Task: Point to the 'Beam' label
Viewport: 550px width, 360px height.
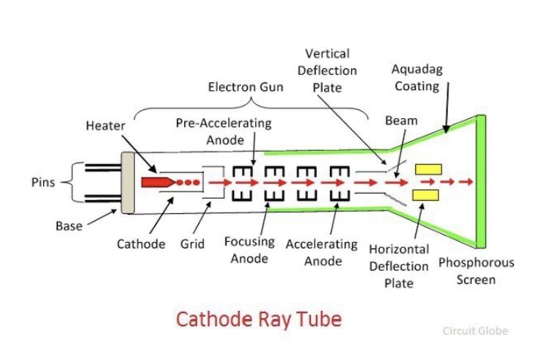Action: (x=401, y=120)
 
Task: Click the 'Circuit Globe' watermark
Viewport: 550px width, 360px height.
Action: (x=475, y=331)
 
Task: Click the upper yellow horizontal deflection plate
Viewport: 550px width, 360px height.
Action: (x=427, y=169)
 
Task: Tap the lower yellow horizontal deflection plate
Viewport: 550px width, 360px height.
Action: (x=427, y=194)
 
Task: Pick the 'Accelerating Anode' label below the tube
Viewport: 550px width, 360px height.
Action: (x=321, y=251)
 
